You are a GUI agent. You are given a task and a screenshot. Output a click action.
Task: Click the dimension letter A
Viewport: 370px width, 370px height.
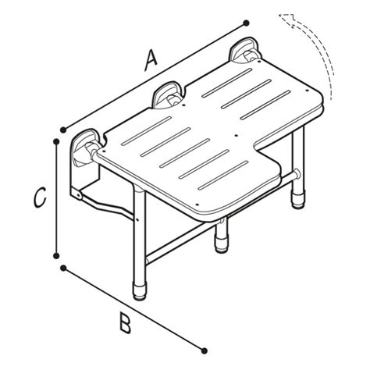(x=151, y=61)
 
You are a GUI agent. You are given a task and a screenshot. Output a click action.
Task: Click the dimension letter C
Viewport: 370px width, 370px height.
(x=40, y=197)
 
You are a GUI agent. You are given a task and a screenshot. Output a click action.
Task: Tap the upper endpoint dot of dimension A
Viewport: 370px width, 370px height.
(x=246, y=23)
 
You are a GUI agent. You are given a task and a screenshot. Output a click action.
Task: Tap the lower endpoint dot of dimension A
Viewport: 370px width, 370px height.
(x=62, y=130)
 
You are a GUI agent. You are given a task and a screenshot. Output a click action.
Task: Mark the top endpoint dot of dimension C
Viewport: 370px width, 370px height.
(x=56, y=141)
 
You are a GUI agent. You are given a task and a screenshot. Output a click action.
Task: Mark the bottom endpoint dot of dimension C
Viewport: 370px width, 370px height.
(x=56, y=256)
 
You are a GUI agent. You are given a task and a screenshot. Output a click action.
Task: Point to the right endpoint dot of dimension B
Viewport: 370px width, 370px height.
(x=205, y=350)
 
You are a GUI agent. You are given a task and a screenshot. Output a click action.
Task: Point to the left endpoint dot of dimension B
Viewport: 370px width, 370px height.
(x=63, y=268)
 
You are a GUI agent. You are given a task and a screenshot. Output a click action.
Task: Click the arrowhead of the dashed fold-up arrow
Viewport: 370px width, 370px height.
(x=287, y=20)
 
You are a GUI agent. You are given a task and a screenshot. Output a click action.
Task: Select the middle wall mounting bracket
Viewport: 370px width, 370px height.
(x=166, y=95)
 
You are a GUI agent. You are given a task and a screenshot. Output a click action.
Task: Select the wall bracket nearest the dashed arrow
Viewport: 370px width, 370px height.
(x=244, y=51)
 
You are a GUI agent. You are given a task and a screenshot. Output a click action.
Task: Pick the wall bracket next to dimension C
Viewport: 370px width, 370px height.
(x=85, y=148)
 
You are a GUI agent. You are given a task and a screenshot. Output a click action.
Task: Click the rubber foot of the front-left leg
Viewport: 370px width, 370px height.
(x=140, y=293)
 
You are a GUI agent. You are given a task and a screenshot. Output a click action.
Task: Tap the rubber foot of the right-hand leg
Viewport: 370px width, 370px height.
(x=298, y=201)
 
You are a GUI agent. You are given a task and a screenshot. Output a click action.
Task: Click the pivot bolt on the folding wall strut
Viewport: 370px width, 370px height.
(x=77, y=195)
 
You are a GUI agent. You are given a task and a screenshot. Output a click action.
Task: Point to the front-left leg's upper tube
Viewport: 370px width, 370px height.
(x=140, y=234)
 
